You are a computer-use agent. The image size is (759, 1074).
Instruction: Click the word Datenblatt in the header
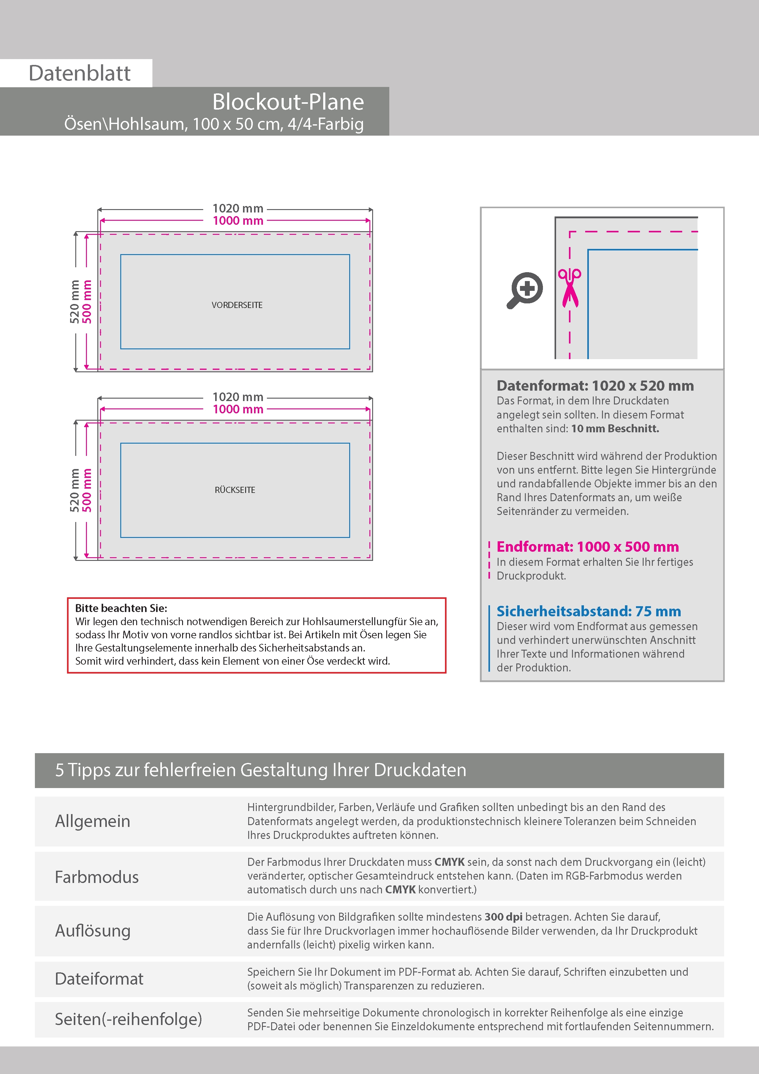[80, 73]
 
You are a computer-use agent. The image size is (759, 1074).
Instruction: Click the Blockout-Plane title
[288, 102]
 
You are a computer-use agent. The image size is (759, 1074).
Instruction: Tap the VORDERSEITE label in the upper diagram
[237, 305]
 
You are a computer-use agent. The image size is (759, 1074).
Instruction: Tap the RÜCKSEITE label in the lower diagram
[235, 490]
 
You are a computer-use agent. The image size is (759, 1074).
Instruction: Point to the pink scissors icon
[570, 288]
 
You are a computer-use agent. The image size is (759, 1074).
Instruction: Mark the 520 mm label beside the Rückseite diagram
[75, 490]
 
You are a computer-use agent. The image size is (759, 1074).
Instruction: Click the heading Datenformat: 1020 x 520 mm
[595, 386]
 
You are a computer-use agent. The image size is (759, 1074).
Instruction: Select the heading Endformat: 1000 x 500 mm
[587, 546]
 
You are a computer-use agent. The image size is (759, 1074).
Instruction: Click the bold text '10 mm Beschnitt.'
[615, 429]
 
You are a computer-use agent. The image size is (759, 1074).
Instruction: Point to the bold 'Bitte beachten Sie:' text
[121, 608]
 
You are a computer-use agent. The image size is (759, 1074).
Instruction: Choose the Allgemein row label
[93, 821]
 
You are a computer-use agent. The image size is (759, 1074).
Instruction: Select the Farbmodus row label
[97, 877]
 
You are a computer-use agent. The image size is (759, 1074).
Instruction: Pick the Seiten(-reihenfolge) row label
[128, 1019]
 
